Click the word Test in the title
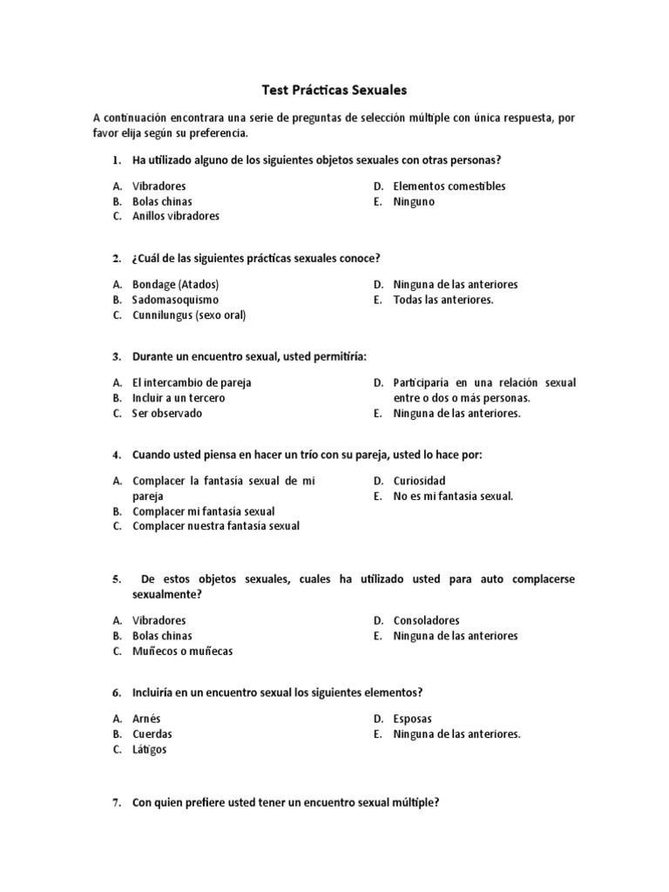coord(275,90)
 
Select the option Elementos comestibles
coord(449,186)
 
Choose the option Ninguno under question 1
coord(414,202)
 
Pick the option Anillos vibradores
coord(175,217)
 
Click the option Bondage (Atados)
coord(175,285)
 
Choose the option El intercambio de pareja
coord(191,382)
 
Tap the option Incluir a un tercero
coord(178,398)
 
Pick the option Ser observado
coord(166,414)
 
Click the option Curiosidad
coord(419,481)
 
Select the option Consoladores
coord(426,621)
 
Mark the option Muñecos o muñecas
coord(182,652)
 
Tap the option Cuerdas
coord(152,734)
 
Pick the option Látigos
coord(149,750)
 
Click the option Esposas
coord(412,720)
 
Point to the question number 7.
coord(116,803)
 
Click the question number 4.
coord(116,455)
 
